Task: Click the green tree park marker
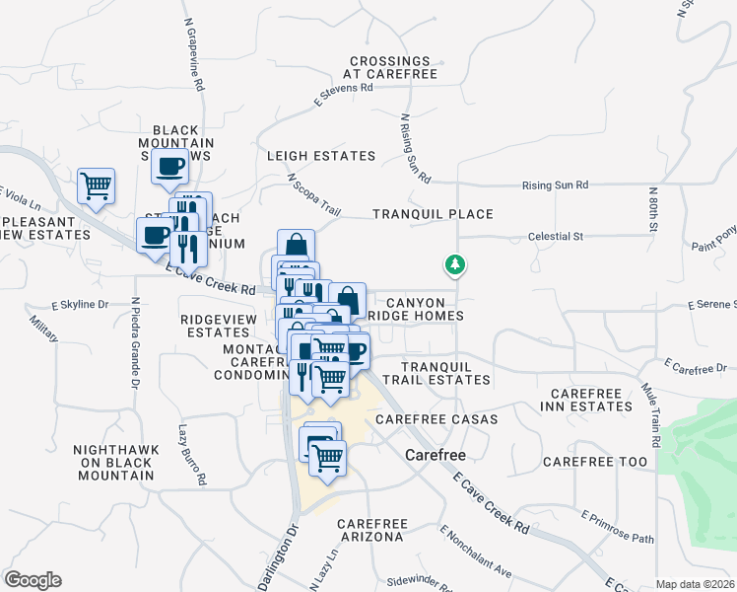[x=454, y=264]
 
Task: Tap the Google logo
[x=33, y=580]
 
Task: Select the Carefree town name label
[x=435, y=456]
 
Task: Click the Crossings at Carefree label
[x=389, y=67]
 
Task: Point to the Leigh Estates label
[x=321, y=156]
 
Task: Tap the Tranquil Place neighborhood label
[x=433, y=214]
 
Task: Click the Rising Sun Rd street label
[x=555, y=185]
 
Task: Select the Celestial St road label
[x=556, y=237]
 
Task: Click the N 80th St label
[x=652, y=210]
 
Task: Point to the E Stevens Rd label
[x=343, y=94]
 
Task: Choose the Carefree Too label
[x=595, y=462]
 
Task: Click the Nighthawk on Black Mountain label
[x=113, y=462]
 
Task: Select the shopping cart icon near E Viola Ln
[x=97, y=185]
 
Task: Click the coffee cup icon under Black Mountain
[x=170, y=166]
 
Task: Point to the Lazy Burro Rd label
[x=191, y=455]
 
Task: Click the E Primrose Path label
[x=618, y=528]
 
